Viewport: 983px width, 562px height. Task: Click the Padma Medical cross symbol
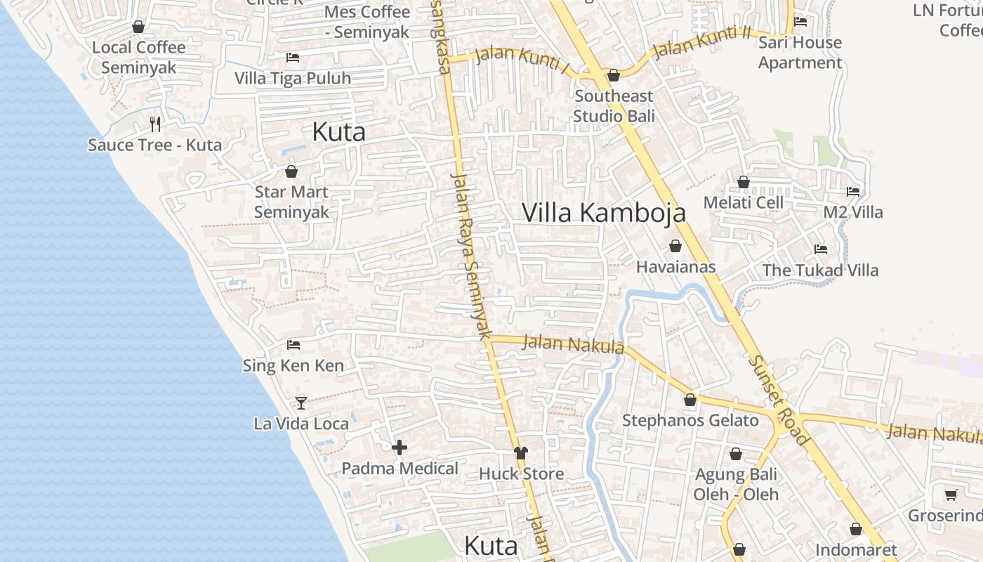pos(400,447)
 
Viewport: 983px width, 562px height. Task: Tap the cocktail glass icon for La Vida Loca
pos(301,403)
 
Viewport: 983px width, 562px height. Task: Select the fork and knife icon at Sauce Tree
pos(155,124)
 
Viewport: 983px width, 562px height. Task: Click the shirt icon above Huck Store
pos(520,453)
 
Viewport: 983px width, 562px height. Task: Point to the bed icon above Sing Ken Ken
pos(293,345)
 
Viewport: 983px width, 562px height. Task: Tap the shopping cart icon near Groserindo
pos(951,495)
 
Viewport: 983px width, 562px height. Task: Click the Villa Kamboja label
pos(603,212)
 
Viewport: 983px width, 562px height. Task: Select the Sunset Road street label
pos(779,399)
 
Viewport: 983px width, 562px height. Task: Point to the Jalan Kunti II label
pos(701,42)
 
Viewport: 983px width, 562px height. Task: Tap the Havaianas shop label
pos(675,267)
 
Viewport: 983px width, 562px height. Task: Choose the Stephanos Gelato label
pos(690,421)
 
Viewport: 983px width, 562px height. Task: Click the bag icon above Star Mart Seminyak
pos(291,171)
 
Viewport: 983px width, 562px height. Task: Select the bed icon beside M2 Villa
pos(853,191)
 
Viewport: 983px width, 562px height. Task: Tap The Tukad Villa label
pos(820,270)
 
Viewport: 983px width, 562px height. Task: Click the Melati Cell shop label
pos(744,203)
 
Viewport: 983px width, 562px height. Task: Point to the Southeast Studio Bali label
pos(614,106)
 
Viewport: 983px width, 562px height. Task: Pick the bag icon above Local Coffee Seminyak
pos(138,27)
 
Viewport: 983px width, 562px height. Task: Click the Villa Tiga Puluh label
pos(293,78)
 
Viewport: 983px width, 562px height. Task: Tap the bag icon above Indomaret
pos(856,529)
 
